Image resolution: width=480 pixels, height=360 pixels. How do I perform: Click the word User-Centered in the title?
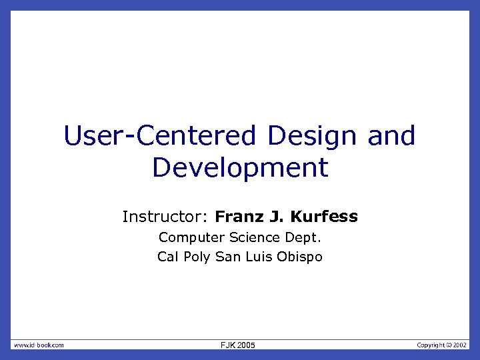click(x=159, y=136)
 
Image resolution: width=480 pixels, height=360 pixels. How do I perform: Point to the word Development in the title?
click(x=240, y=167)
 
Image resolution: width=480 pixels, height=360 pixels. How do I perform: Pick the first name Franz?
click(x=241, y=217)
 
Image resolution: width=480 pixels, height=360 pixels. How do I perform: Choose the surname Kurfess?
click(x=323, y=217)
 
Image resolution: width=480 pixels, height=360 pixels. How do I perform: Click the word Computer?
click(x=191, y=237)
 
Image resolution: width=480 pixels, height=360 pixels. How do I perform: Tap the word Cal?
click(x=169, y=257)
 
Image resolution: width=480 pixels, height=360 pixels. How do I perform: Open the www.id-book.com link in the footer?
click(x=39, y=345)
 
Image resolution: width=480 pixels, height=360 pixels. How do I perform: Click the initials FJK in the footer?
click(x=229, y=345)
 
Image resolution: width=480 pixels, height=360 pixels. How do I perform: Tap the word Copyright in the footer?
click(x=430, y=345)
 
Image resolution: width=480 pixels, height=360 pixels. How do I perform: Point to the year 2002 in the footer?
click(x=461, y=345)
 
